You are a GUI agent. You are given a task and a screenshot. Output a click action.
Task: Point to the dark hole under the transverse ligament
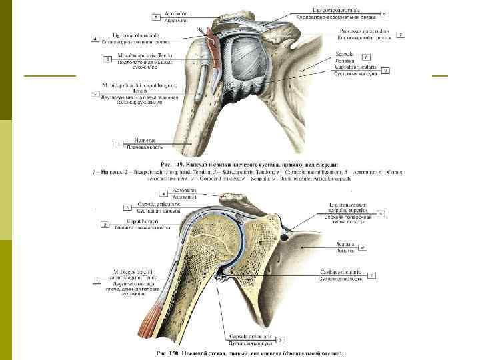[x=285, y=236]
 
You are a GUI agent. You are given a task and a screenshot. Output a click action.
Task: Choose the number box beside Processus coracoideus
[x=401, y=33]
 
